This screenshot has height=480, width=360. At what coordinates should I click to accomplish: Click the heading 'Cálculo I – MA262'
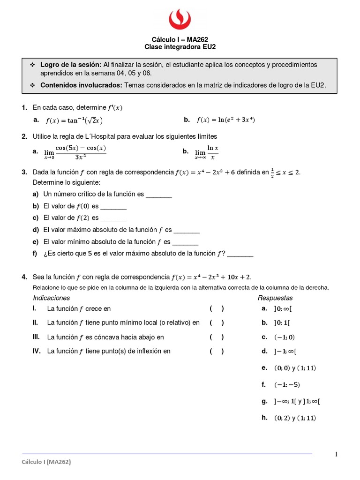click(180, 40)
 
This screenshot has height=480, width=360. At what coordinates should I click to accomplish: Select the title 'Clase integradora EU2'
click(180, 47)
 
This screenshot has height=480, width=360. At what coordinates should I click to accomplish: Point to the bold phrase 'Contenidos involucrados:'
click(81, 85)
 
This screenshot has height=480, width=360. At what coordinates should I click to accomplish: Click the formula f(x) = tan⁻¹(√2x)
click(74, 120)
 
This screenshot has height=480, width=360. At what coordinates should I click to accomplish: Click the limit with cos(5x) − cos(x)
click(75, 152)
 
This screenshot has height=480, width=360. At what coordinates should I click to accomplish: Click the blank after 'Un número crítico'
click(159, 194)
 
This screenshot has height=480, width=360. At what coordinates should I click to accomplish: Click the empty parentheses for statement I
click(217, 308)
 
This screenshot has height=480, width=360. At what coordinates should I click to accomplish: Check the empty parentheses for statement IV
click(217, 351)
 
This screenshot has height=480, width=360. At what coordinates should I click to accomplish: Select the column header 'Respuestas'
click(275, 298)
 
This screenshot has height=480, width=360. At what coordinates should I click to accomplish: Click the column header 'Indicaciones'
click(51, 298)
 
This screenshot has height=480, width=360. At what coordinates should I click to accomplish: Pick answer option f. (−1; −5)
click(286, 385)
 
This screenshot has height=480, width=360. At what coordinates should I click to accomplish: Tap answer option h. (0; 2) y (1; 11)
click(295, 418)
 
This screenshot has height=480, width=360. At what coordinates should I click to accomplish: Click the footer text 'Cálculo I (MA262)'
click(46, 462)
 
